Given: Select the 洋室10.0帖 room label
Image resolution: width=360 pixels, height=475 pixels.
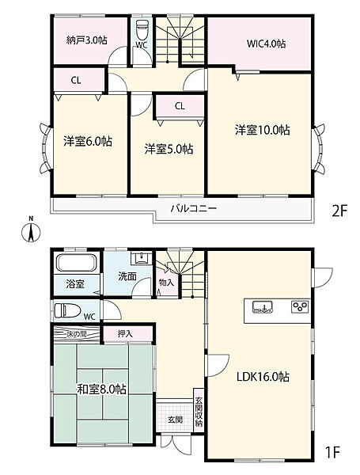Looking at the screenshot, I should [x=261, y=130].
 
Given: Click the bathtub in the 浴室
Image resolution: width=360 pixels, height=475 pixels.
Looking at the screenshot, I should [x=75, y=262].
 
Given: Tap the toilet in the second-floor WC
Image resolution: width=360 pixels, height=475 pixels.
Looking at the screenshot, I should [x=143, y=32].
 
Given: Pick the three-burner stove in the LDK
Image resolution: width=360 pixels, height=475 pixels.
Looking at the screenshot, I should [x=301, y=306].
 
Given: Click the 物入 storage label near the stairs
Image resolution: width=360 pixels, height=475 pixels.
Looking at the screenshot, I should [x=166, y=281].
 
